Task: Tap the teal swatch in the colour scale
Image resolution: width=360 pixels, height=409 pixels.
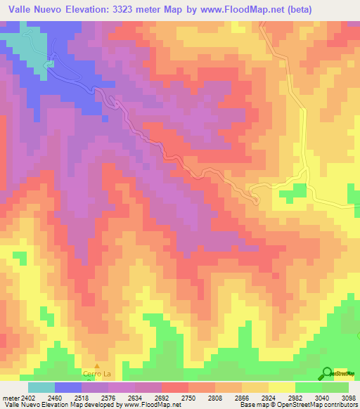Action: click(41, 387)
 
